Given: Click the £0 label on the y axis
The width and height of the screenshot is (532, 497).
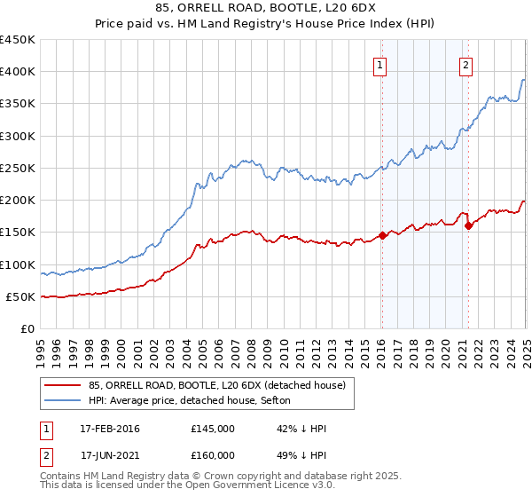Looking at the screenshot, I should click(27, 328).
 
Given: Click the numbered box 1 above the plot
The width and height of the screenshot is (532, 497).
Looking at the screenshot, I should click(379, 64).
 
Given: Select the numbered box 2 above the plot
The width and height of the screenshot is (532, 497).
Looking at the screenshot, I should click(465, 64).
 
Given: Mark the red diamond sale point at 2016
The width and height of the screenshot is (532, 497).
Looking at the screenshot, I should click(382, 235).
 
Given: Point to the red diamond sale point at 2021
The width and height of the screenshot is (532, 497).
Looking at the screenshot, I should click(468, 226).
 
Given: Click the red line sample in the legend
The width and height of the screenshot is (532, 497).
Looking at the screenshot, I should click(65, 383).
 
